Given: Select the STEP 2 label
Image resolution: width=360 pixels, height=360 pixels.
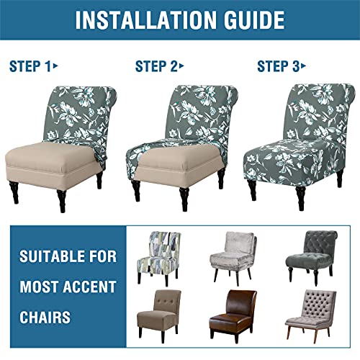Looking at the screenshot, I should pos(156,67).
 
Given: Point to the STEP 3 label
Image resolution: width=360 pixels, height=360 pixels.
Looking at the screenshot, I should pos(279,67).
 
